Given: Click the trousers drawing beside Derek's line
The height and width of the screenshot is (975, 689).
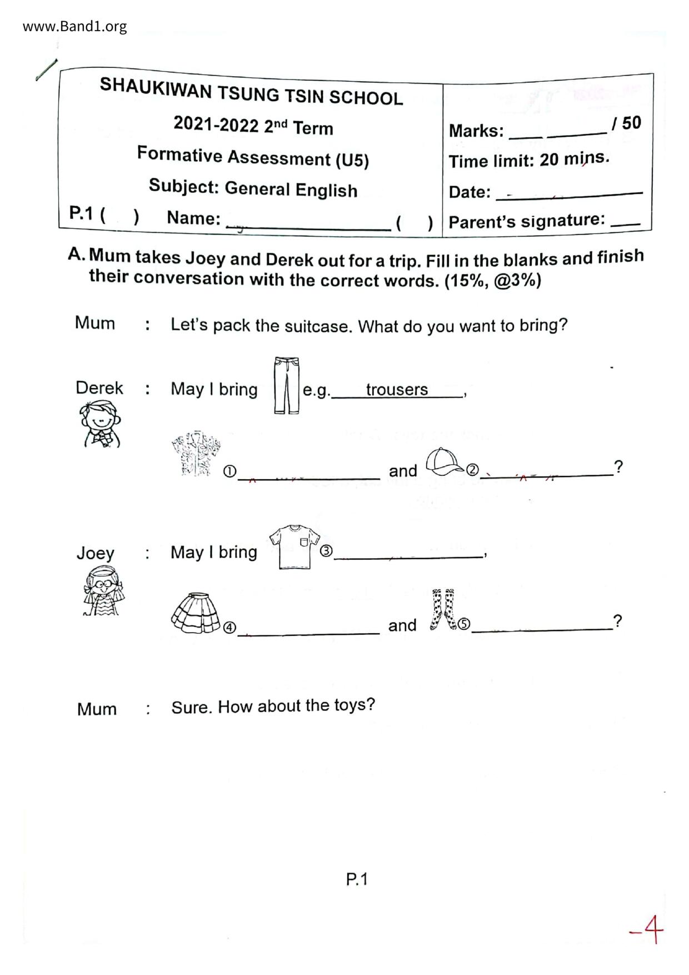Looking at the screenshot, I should (x=286, y=386).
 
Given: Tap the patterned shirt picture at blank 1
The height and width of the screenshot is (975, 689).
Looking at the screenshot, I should (x=196, y=454).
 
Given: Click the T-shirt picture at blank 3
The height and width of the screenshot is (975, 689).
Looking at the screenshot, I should (x=294, y=546).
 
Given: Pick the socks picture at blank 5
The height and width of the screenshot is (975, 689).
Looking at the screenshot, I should (x=443, y=610).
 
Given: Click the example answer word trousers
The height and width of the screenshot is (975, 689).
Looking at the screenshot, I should (x=397, y=390).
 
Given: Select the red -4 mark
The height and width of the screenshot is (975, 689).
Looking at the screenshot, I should (x=647, y=929).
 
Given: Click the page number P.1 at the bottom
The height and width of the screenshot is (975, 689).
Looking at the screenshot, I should (x=357, y=879).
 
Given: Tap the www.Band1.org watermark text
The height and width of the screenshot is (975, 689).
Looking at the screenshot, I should (x=74, y=26).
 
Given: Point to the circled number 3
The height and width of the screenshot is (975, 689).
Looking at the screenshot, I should (x=326, y=551).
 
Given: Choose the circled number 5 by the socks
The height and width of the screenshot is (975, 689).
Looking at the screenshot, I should (x=464, y=624).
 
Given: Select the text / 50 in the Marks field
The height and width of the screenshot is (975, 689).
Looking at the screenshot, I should (x=627, y=123).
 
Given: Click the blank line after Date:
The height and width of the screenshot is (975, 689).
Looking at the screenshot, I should (x=569, y=193).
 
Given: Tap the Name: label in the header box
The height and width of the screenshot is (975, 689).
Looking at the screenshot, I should (x=194, y=218).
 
